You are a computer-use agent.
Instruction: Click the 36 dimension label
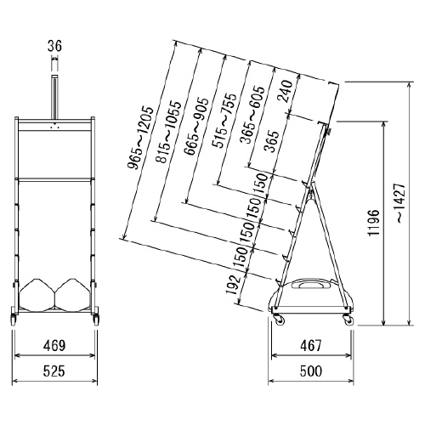[54, 46]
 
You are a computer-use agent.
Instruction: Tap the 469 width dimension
[54, 345]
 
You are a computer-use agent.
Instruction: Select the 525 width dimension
[54, 371]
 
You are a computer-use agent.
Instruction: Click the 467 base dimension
[311, 345]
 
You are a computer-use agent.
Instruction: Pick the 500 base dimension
[311, 371]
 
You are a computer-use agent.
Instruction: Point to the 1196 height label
[373, 223]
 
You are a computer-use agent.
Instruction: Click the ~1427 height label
[401, 203]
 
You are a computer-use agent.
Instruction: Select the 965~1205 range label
[140, 138]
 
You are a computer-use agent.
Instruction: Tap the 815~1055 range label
[168, 132]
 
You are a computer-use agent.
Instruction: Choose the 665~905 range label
[195, 127]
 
